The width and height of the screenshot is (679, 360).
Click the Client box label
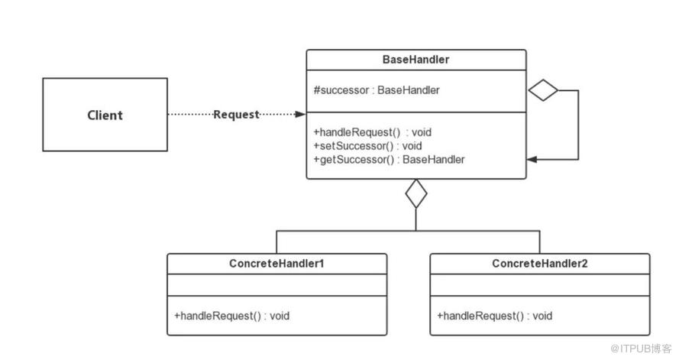pyautogui.click(x=105, y=115)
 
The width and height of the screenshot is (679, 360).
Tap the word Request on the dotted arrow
pyautogui.click(x=236, y=115)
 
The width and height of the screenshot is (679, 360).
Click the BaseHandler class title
pyautogui.click(x=415, y=60)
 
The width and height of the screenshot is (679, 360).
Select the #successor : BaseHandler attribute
pyautogui.click(x=377, y=90)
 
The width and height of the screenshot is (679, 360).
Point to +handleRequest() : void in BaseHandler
pyautogui.click(x=373, y=132)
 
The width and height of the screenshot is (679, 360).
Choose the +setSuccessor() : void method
pyautogui.click(x=367, y=145)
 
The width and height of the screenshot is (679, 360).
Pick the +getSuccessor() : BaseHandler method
pyautogui.click(x=389, y=160)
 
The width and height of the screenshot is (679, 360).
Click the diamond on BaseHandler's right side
pyautogui.click(x=543, y=90)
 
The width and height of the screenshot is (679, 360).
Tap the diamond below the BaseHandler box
pyautogui.click(x=415, y=193)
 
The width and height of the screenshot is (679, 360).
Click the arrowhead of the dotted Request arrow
pyautogui.click(x=300, y=115)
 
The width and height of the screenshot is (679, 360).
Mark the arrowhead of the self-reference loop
pyautogui.click(x=532, y=160)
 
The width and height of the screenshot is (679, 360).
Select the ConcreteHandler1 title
pyautogui.click(x=276, y=264)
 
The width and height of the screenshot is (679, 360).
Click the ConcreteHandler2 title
pyautogui.click(x=539, y=264)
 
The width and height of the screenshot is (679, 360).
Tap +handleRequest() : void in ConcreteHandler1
pyautogui.click(x=231, y=316)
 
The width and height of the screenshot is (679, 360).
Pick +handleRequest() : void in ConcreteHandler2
pyautogui.click(x=494, y=316)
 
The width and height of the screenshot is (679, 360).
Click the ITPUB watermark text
pyautogui.click(x=641, y=349)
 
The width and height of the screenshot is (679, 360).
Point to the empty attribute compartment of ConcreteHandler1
pyautogui.click(x=277, y=285)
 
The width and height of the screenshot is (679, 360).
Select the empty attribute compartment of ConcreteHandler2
pyautogui.click(x=540, y=285)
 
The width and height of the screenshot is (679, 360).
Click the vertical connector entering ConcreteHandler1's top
pyautogui.click(x=276, y=242)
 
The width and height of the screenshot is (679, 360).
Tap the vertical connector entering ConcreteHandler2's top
pyautogui.click(x=539, y=242)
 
